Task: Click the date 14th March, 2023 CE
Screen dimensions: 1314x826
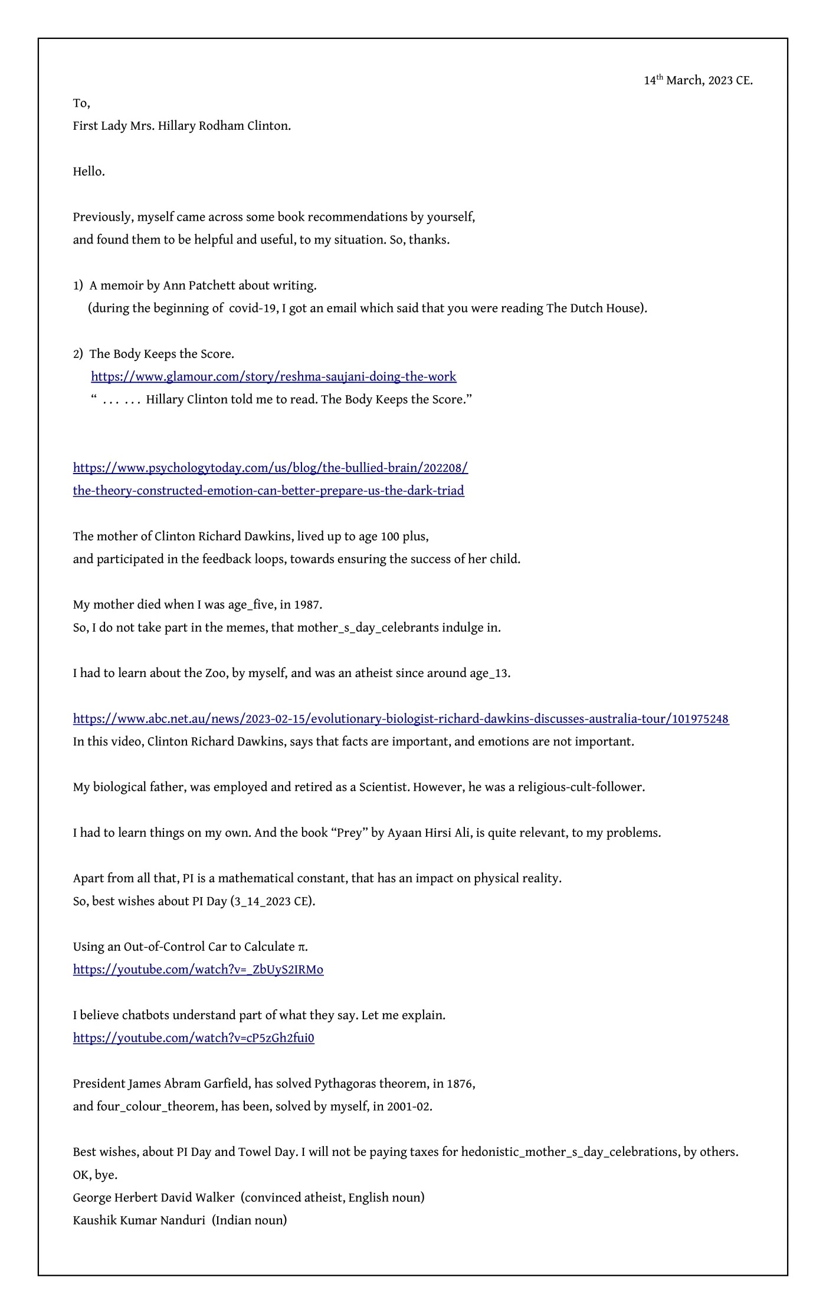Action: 698,80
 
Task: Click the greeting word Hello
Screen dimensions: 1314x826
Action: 88,172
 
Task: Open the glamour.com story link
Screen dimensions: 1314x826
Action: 273,376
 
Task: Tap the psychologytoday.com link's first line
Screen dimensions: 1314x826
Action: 270,468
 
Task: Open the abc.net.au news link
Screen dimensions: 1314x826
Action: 401,718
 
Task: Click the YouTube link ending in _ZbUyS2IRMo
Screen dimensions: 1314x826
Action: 198,969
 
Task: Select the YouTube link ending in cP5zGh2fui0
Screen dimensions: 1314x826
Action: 194,1037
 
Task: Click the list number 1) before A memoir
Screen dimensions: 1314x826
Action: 78,285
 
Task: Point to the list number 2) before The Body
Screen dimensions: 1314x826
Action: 78,354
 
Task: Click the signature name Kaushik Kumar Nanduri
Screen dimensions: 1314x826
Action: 139,1220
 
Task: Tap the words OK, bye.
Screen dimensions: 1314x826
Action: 95,1174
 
